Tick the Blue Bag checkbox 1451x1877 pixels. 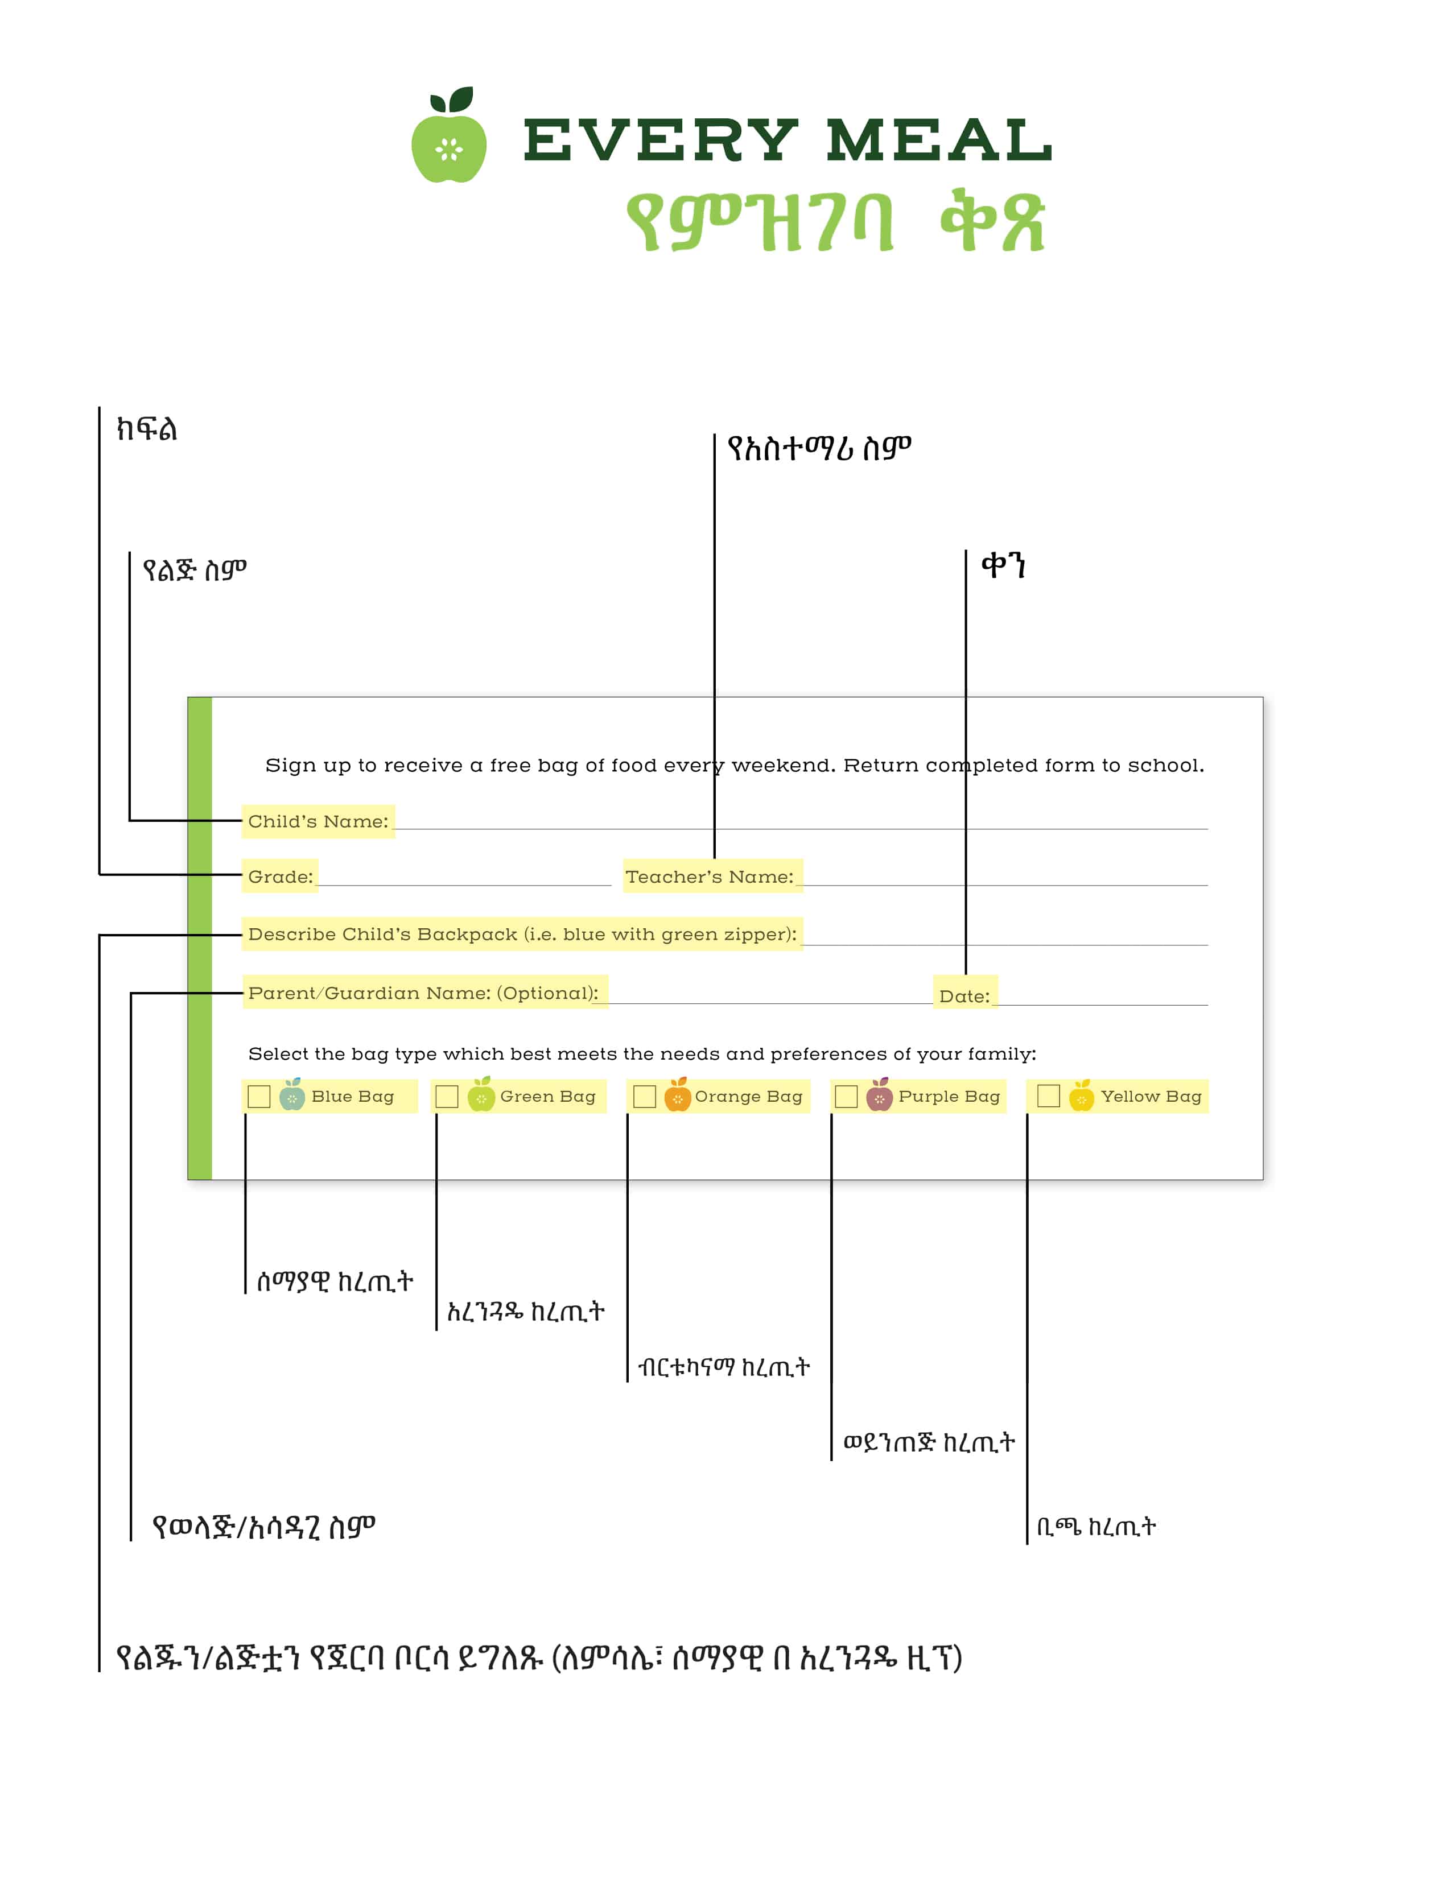[x=259, y=1097]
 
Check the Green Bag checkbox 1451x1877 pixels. [x=447, y=1097]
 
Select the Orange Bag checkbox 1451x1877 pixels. [x=645, y=1097]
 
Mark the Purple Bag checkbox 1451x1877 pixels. [x=847, y=1097]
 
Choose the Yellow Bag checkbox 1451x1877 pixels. [x=1049, y=1097]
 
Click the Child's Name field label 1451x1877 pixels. [x=318, y=822]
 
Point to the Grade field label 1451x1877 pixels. [x=280, y=877]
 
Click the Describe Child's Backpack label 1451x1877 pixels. [x=522, y=934]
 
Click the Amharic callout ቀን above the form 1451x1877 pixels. [x=1003, y=565]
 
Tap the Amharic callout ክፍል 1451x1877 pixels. [x=147, y=428]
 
